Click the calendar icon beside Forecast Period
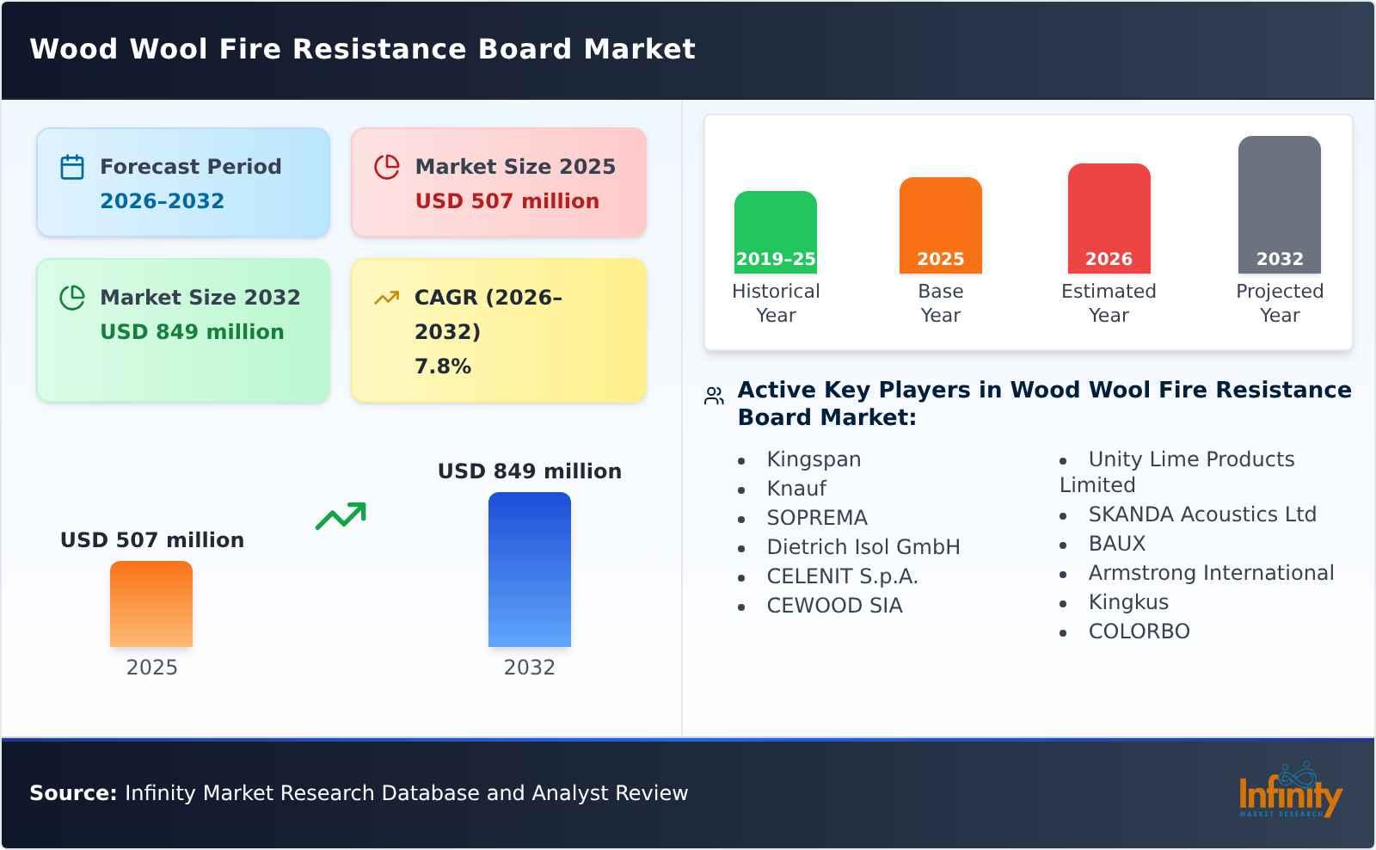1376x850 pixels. coord(72,167)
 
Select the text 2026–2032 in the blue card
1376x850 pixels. coord(162,201)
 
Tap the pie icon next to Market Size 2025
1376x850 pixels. coord(387,167)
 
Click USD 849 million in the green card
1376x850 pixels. coord(192,332)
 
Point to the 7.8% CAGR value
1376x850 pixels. coord(442,366)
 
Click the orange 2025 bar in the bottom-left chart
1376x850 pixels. coord(151,604)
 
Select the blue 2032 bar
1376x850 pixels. coord(529,570)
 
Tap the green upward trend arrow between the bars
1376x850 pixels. coord(341,516)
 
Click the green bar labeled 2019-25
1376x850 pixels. coord(775,232)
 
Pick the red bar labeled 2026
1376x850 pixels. coord(1109,219)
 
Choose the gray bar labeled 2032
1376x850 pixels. coord(1279,205)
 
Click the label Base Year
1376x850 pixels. coord(940,303)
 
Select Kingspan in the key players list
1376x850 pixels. coord(814,459)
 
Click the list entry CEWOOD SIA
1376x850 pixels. coord(834,606)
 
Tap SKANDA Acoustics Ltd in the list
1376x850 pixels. coord(1201,514)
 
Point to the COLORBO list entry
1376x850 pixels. coord(1139,631)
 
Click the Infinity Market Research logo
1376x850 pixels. coord(1289,792)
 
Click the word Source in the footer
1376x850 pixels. coord(72,793)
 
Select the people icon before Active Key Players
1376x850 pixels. coord(714,396)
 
